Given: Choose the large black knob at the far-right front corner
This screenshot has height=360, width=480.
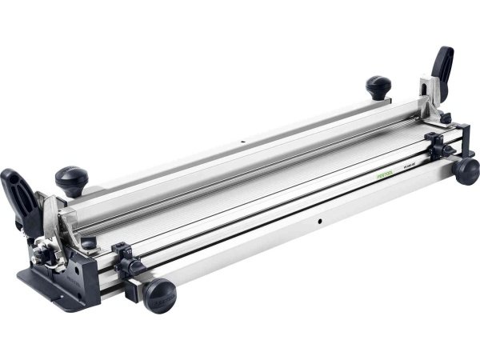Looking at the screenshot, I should pos(466,170).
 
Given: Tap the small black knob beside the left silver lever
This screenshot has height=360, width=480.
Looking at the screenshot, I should pos(87,240).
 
